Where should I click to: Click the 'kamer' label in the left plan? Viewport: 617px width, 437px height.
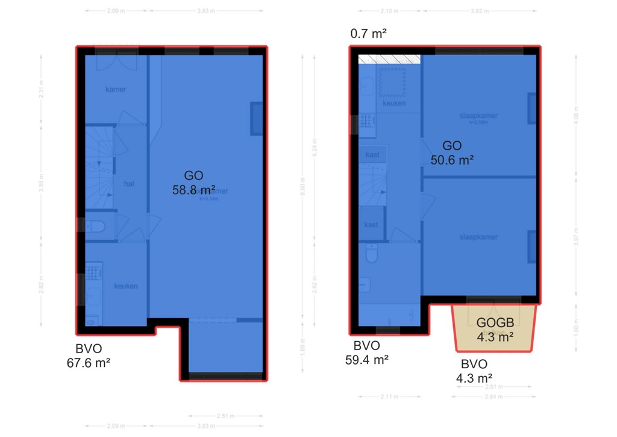[116, 89]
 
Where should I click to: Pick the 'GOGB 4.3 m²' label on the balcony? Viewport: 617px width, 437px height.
[495, 330]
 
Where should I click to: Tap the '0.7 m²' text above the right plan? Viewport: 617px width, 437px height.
[368, 34]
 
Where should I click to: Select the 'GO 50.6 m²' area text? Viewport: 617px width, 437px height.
[452, 153]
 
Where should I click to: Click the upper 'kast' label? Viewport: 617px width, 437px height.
[372, 155]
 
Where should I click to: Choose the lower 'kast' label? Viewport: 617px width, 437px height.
[371, 225]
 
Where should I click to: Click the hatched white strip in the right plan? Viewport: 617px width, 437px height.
[389, 59]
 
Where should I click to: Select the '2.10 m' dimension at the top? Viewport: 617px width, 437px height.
[390, 10]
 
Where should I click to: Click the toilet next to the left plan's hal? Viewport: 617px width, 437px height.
[96, 227]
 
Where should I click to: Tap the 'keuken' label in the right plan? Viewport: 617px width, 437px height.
[394, 103]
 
